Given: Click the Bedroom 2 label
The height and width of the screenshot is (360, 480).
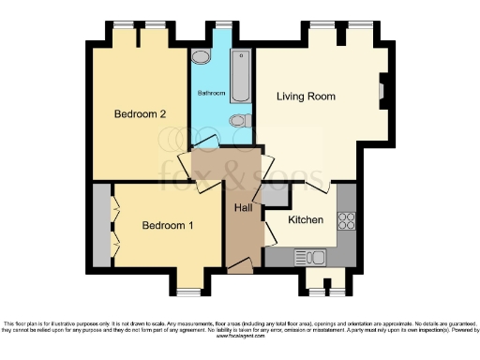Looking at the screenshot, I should click(140, 114).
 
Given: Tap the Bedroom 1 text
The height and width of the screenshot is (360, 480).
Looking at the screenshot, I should click(168, 226).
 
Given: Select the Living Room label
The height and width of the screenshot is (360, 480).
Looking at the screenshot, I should click(306, 97).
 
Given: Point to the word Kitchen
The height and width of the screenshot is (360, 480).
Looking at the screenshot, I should click(306, 220).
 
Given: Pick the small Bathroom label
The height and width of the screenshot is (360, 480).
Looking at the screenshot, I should click(210, 94).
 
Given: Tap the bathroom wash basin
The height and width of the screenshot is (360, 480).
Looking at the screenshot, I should click(201, 58).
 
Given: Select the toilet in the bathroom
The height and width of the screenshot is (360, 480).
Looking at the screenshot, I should click(239, 120).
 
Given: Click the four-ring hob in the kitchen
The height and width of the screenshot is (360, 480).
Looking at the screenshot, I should click(346, 221).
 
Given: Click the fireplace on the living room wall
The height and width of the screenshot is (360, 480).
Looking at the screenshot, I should click(382, 91).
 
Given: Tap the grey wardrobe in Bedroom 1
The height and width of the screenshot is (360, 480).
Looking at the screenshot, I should click(101, 226).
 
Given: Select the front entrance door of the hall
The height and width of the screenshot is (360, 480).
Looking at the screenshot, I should click(239, 268).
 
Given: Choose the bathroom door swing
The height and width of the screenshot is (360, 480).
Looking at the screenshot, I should click(205, 142).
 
